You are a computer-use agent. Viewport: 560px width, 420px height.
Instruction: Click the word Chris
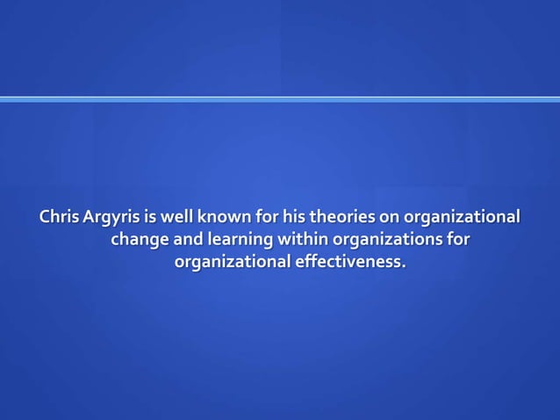(x=58, y=216)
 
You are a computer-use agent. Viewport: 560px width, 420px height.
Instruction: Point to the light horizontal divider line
(x=280, y=99)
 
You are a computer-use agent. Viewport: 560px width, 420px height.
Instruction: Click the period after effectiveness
(x=406, y=266)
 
